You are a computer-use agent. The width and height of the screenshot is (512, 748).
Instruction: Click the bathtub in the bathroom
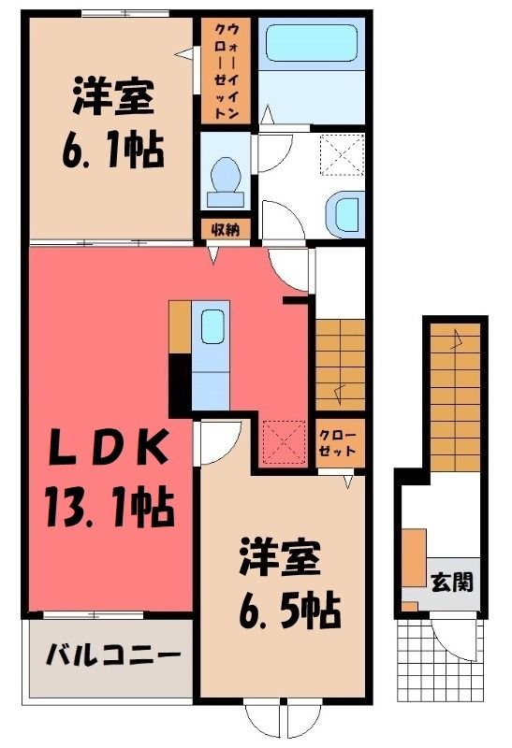pos(311,43)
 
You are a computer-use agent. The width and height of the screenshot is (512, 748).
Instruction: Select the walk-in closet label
pos(226,71)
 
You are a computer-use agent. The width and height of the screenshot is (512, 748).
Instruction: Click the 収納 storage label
pos(225,230)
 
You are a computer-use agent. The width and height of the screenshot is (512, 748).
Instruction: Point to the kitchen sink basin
pos(212,326)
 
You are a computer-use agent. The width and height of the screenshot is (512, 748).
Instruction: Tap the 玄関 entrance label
pos(452,582)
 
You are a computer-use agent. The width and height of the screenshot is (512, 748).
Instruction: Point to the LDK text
pos(109,448)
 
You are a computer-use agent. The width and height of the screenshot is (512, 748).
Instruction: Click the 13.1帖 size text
pos(110,506)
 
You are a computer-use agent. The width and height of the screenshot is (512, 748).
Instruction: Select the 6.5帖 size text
pos(289,610)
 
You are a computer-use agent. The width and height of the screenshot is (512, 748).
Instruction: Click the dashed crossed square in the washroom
pos(342,155)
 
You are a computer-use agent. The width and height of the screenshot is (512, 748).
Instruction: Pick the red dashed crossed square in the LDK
pos(285,441)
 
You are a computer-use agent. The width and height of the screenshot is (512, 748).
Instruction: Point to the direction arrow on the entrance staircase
pos(457,339)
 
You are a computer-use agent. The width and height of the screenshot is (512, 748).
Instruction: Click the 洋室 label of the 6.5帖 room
pos(280,556)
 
